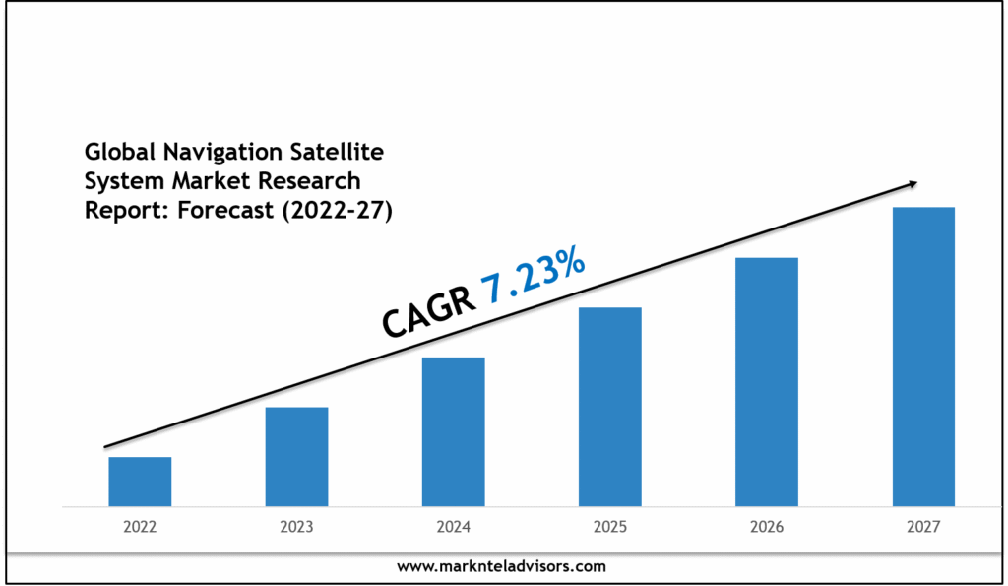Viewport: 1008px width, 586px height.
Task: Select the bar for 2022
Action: [140, 482]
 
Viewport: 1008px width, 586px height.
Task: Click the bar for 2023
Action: [296, 457]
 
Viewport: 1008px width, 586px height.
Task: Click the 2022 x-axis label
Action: [140, 528]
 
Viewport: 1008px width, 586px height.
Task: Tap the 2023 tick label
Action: [296, 528]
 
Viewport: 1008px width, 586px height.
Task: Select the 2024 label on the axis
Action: [453, 528]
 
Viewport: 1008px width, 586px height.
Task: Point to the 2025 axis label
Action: [610, 528]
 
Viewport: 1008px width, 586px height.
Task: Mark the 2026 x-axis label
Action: [767, 528]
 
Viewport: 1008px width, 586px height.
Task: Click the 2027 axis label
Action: [923, 528]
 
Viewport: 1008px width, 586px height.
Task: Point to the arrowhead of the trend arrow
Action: [913, 183]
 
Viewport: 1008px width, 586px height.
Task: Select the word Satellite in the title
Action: [335, 152]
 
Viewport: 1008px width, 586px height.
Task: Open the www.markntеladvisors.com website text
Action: [502, 566]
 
